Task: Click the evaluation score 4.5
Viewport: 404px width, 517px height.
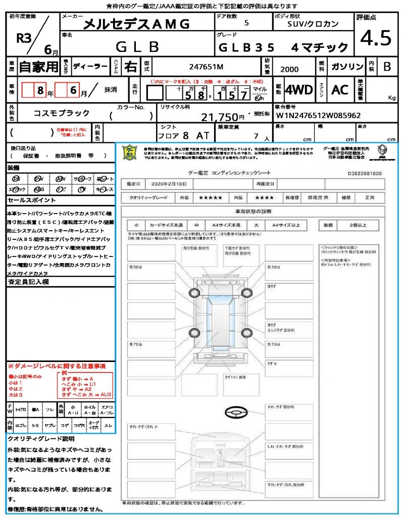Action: coord(376,38)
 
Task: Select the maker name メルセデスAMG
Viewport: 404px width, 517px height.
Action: coord(136,24)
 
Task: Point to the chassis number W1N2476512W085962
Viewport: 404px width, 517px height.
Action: coord(318,115)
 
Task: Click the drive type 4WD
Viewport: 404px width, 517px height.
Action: coord(298,90)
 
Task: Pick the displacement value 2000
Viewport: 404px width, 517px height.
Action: coord(289,70)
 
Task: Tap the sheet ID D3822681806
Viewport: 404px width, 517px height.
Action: coord(365,173)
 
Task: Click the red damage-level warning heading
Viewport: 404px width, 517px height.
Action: coord(57,366)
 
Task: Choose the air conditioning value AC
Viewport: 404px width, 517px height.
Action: coord(340,90)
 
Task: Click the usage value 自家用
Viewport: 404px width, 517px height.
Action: coord(39,67)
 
